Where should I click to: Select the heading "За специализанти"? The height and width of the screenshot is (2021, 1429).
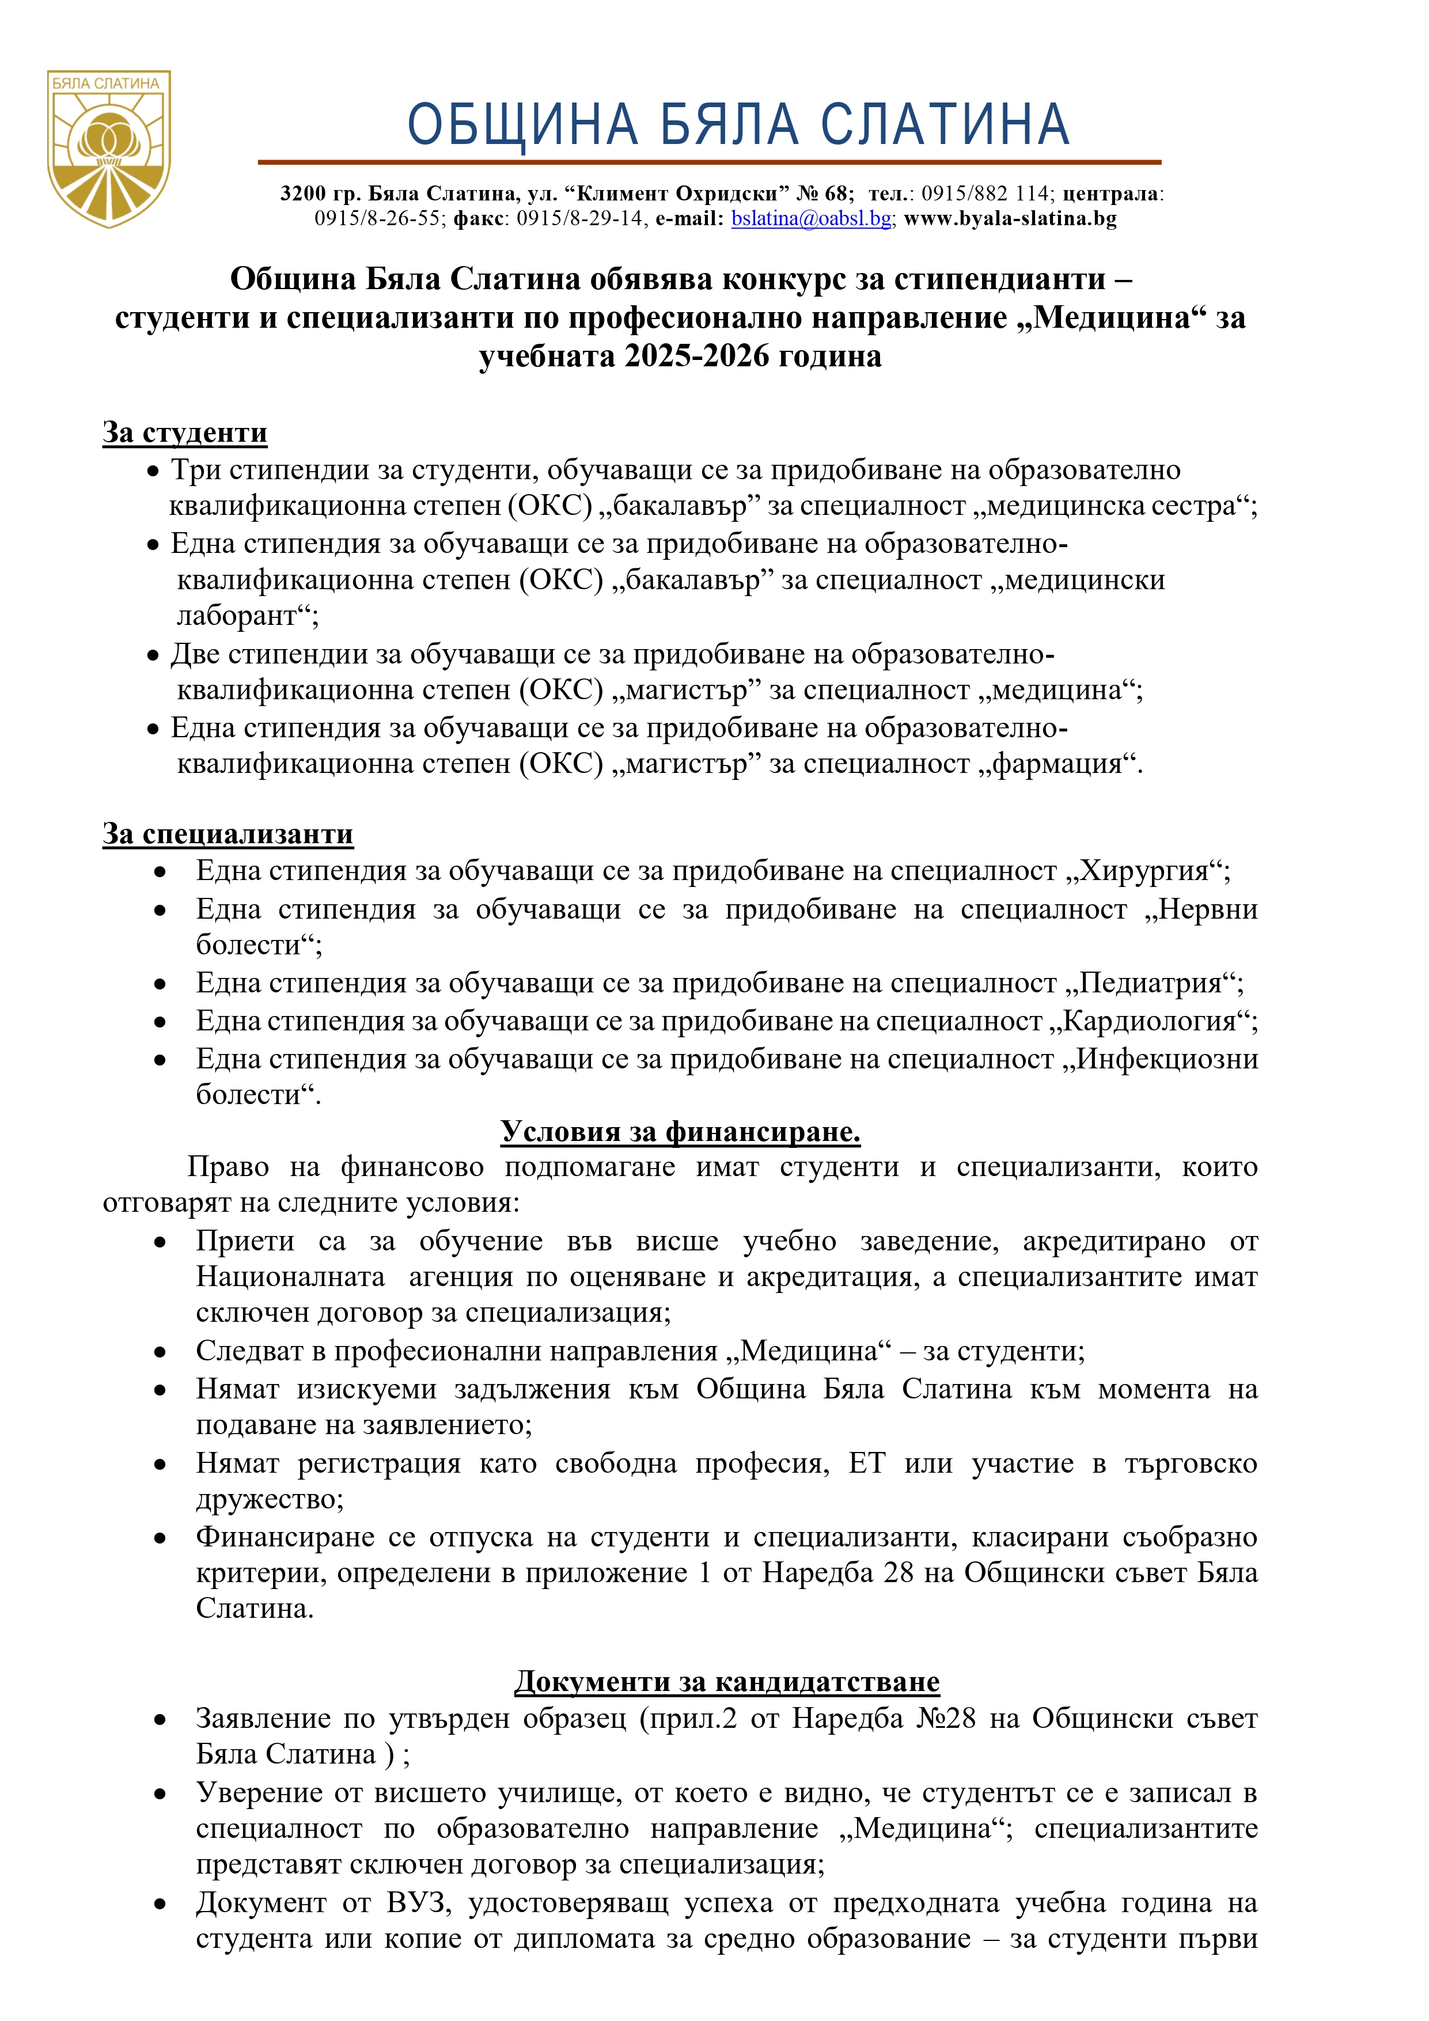click(228, 833)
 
